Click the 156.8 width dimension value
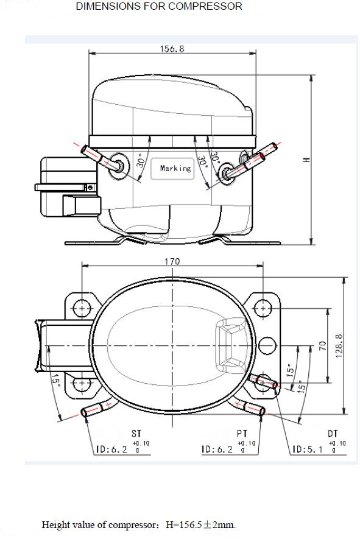[x=172, y=49]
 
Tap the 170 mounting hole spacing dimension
[x=172, y=262]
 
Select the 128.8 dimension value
[x=339, y=346]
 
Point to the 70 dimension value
[x=322, y=345]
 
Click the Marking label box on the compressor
[x=172, y=169]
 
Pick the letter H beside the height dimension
[x=307, y=160]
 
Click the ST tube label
[x=136, y=434]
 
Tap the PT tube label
[x=242, y=434]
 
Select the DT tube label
[x=333, y=434]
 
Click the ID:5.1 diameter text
[x=308, y=449]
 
